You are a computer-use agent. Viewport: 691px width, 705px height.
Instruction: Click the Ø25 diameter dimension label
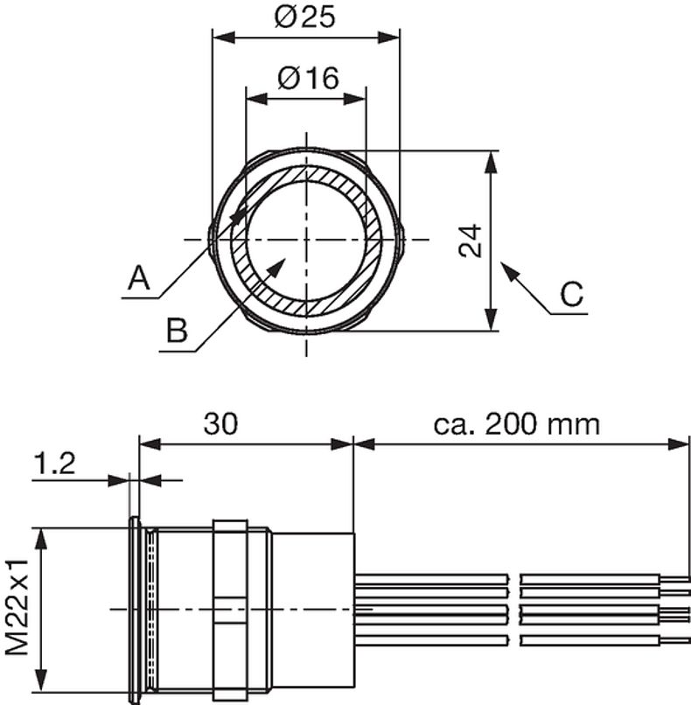click(305, 17)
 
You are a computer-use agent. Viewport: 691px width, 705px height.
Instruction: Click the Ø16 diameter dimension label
click(308, 78)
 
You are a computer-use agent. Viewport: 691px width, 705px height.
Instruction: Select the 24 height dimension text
click(471, 241)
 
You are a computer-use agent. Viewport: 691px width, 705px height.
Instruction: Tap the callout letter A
click(138, 279)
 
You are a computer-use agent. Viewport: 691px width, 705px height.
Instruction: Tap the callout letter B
click(177, 332)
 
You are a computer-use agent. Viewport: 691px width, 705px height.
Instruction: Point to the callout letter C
click(571, 294)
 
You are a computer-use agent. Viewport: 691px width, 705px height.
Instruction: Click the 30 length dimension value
click(221, 424)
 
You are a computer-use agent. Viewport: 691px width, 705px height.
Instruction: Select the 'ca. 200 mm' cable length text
click(517, 424)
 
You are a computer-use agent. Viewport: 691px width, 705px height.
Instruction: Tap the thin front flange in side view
click(134, 610)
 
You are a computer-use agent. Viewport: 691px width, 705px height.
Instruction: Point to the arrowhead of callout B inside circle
click(277, 265)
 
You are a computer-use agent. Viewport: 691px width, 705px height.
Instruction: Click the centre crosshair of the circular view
click(306, 240)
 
